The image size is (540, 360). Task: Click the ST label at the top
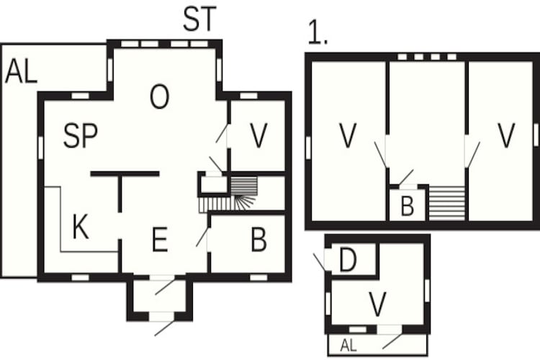(x=199, y=19)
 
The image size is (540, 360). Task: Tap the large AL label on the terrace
(x=21, y=72)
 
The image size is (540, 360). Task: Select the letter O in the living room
(x=159, y=97)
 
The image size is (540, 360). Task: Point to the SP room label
(x=80, y=135)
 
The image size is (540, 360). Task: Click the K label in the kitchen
(x=81, y=228)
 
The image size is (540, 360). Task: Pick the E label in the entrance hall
(x=159, y=240)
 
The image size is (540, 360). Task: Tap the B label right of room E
(x=258, y=240)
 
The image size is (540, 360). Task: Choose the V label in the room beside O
(x=258, y=135)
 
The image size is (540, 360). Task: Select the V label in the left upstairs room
(x=348, y=136)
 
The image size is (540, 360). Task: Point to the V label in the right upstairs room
(x=506, y=135)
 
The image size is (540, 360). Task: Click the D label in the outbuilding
(x=348, y=261)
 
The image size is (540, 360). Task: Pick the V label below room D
(x=377, y=305)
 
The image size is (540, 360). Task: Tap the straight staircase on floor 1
(x=446, y=202)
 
